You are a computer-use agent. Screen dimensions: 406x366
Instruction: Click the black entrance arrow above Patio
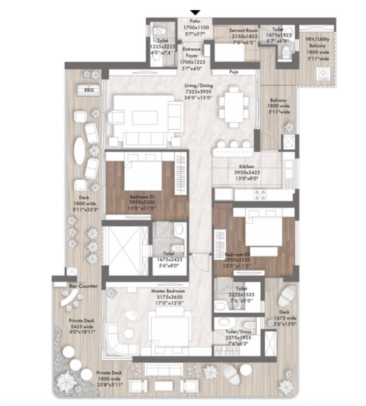[x=195, y=12]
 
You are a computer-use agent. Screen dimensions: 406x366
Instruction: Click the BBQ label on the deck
[x=83, y=90]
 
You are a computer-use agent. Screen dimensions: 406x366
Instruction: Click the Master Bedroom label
[x=168, y=291]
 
